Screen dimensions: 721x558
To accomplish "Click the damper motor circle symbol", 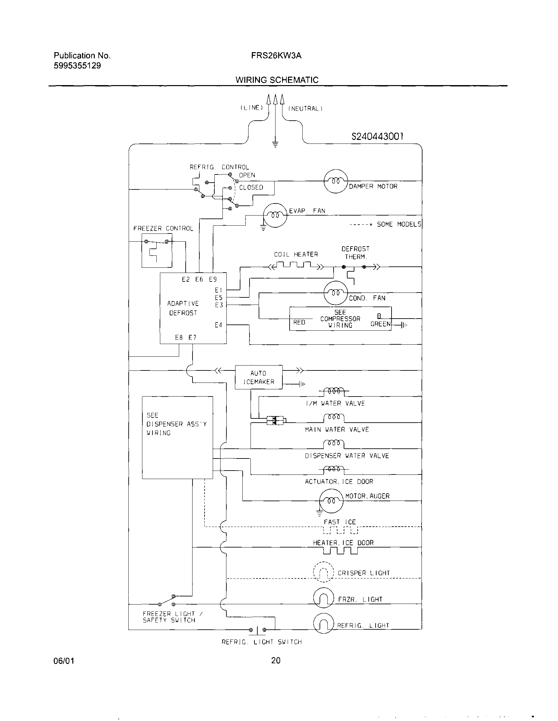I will pos(336,181).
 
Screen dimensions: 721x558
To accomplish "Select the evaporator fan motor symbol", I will pos(275,216).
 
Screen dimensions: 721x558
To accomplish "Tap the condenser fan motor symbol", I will pos(336,293).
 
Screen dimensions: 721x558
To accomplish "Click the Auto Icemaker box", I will pos(259,377).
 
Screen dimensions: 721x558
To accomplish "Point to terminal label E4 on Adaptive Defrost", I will pos(218,325).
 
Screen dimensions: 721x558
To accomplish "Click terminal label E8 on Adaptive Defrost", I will pos(179,338).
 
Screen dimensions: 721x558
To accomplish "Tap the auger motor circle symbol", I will pos(331,501).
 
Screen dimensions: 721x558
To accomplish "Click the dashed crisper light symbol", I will pos(323,573).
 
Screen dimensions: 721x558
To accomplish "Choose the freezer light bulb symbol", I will pos(323,599).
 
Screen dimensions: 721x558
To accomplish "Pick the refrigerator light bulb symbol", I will pos(323,624).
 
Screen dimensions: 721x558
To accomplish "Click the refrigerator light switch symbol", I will pos(257,630).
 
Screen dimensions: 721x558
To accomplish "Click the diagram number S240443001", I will pos(377,136).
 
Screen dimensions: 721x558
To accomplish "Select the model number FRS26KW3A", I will pos(276,55).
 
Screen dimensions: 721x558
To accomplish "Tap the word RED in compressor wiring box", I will pos(299,322).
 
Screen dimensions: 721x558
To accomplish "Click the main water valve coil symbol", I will pos(334,418).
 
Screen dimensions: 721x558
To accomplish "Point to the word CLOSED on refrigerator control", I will pos(251,187).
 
